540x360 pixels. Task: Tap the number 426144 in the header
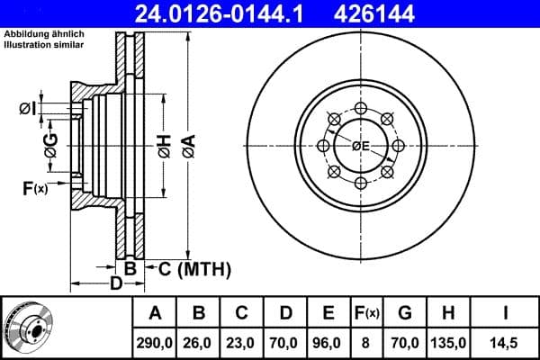pyautogui.click(x=401, y=13)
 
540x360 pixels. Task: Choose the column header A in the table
pyautogui.click(x=156, y=313)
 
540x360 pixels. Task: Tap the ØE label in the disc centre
pyautogui.click(x=361, y=146)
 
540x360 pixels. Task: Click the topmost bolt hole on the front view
pyautogui.click(x=361, y=108)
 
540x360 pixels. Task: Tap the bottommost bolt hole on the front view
pyautogui.click(x=361, y=183)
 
